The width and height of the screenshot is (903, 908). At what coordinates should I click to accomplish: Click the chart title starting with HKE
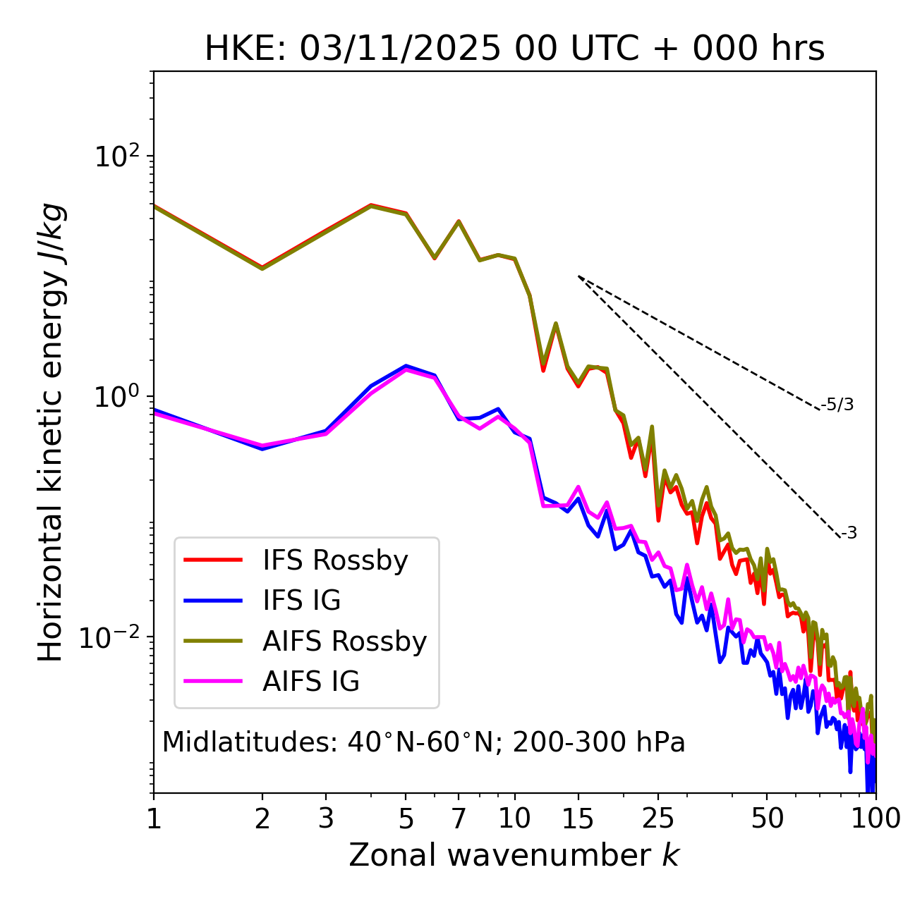coord(514,49)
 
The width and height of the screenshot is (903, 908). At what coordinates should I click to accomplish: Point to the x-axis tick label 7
coord(459,818)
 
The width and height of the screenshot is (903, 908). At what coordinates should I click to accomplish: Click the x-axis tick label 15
coord(578,818)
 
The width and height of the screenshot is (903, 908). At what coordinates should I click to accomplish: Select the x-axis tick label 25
coord(658,818)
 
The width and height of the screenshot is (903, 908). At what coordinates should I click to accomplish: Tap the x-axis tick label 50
coord(767,818)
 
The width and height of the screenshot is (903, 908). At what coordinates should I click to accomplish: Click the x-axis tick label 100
coord(875,818)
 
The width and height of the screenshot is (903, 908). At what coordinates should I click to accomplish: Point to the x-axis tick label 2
coord(262,818)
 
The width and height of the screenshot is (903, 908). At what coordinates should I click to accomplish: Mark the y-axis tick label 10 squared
coord(121,157)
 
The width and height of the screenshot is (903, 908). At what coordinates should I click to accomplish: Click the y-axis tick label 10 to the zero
coord(121,397)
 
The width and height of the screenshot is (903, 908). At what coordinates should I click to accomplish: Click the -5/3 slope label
coord(837,405)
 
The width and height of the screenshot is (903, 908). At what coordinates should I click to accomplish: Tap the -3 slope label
coord(849,533)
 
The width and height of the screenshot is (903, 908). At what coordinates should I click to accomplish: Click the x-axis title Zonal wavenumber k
coord(514,855)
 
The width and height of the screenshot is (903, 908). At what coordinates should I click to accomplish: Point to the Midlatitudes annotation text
coord(423,742)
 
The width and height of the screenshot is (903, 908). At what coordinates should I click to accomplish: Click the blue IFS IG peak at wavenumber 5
coord(406,366)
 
